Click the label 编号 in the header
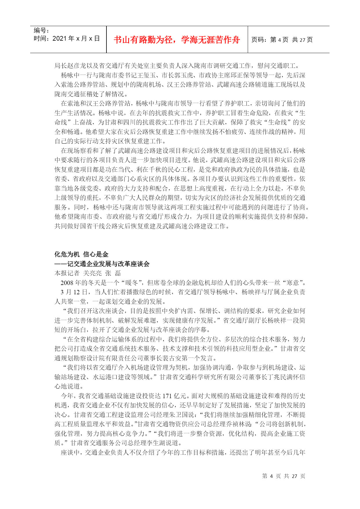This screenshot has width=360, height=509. [41, 30]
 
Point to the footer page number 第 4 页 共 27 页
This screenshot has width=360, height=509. [283, 476]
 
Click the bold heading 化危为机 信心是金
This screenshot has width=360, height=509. [81, 255]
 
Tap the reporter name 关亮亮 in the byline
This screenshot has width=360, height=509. [92, 273]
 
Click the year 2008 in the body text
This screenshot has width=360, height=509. [67, 283]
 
